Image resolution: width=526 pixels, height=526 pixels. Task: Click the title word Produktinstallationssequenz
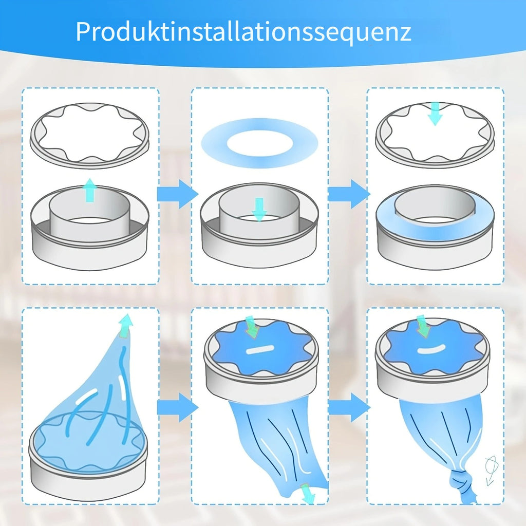[243, 32]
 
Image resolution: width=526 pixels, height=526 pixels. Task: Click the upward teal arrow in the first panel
[89, 190]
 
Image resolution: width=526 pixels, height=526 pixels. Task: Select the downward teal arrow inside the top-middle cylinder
[259, 210]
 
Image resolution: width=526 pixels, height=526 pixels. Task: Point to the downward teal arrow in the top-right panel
[435, 114]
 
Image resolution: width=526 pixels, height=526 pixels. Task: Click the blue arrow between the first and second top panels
[178, 194]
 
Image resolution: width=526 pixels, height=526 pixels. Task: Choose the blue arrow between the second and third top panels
[349, 194]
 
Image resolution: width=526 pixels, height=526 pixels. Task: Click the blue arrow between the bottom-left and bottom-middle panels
[178, 407]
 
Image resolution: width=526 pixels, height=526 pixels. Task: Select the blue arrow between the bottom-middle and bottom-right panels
[349, 407]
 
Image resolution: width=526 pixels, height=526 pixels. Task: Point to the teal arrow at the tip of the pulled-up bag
[125, 325]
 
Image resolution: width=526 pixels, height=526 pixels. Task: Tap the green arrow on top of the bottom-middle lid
[252, 327]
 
